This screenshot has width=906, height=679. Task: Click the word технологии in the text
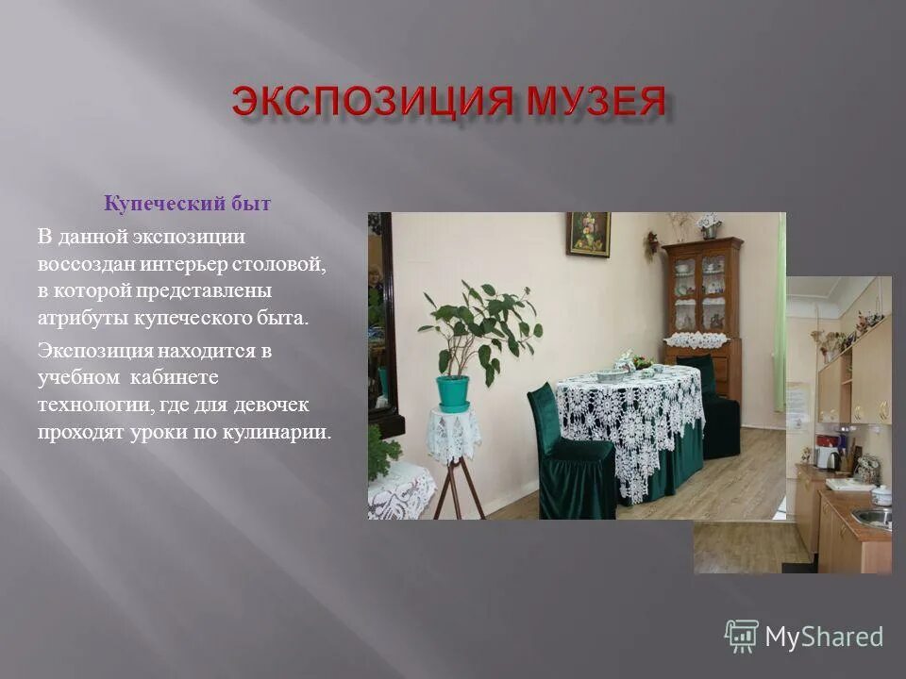[91, 406]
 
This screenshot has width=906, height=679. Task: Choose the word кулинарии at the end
[281, 433]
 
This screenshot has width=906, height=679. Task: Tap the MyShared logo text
[823, 637]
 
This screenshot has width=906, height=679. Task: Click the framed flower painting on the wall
[588, 234]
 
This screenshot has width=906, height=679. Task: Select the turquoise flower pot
[453, 392]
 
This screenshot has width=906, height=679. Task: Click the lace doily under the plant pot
[453, 434]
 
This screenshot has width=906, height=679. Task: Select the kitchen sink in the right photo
[872, 517]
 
